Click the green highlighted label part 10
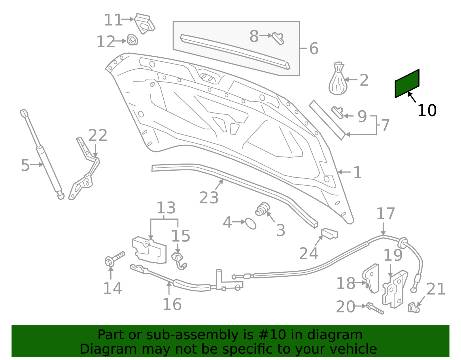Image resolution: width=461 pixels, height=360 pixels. [407, 83]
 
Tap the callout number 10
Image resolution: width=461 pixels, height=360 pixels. [427, 110]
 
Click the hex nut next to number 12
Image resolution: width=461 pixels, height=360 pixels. [132, 40]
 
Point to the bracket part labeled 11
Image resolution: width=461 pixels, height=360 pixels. [144, 24]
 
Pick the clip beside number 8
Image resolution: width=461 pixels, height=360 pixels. [278, 38]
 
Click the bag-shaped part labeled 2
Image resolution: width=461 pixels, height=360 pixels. [338, 78]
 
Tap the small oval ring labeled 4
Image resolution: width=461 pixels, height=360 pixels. [251, 224]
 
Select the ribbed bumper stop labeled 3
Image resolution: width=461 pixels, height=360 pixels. [263, 209]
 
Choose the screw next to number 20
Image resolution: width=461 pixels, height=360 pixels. [375, 308]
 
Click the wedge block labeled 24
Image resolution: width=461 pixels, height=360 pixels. [330, 234]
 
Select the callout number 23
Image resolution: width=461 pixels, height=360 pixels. [209, 198]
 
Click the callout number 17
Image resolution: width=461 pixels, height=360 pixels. [386, 214]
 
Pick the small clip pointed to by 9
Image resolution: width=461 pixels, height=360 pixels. [337, 112]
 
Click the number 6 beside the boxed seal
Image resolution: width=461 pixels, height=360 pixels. [314, 49]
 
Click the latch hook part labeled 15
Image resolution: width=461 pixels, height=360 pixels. [179, 261]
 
